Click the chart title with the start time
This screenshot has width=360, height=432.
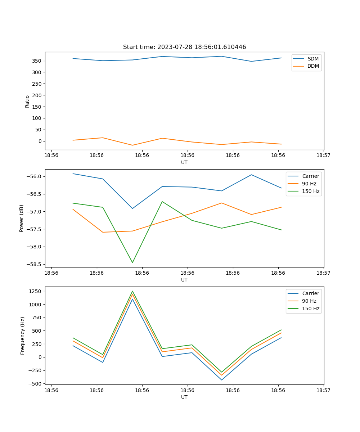[184, 47]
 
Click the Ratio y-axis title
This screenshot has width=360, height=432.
[27, 101]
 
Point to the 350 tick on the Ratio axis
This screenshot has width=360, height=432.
[37, 61]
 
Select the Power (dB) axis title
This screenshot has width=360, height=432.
[22, 218]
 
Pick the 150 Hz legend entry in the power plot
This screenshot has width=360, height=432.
[310, 191]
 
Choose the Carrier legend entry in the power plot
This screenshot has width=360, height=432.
[310, 176]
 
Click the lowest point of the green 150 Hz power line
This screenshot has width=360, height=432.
[132, 262]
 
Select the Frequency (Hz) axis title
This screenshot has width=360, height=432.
[23, 336]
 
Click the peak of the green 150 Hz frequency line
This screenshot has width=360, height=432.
[132, 291]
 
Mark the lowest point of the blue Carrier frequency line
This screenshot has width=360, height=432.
[221, 380]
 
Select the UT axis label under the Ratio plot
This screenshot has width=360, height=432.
[184, 162]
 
